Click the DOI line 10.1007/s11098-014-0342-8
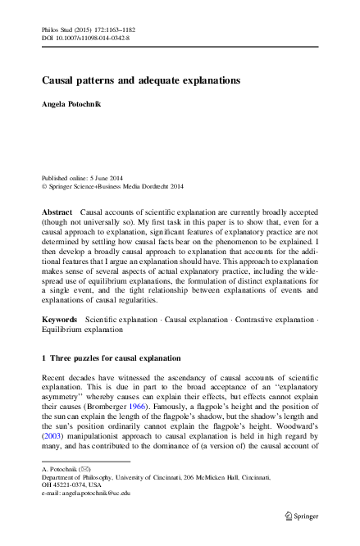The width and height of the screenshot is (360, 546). point(87,37)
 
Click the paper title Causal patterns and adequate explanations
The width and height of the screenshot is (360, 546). point(140,82)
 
